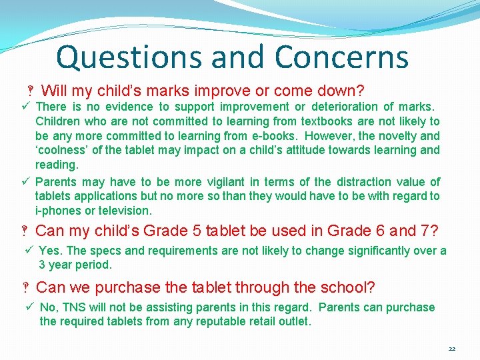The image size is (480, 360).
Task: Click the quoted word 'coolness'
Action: point(62,151)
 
